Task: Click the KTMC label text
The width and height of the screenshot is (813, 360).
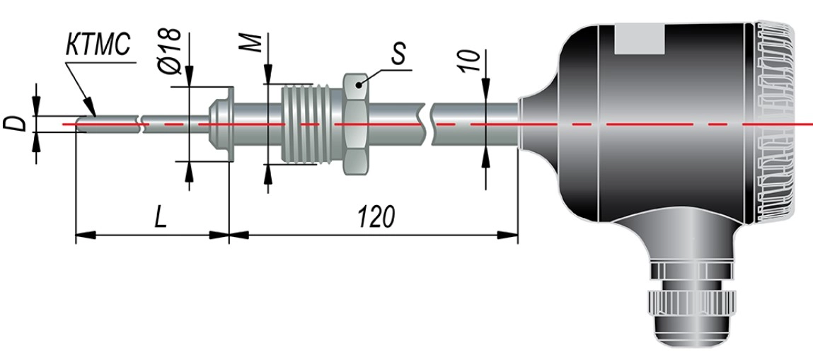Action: tap(98, 45)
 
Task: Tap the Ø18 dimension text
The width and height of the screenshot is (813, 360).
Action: tap(170, 52)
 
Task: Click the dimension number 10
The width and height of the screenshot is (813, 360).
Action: tap(469, 61)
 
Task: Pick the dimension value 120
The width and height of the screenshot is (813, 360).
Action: tap(376, 218)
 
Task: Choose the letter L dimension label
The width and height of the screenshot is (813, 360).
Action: tap(161, 219)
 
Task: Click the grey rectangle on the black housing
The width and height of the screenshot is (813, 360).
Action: tap(640, 40)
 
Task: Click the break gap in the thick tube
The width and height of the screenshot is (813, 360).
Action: tap(429, 124)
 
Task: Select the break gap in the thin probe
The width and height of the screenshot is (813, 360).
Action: tap(141, 124)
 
